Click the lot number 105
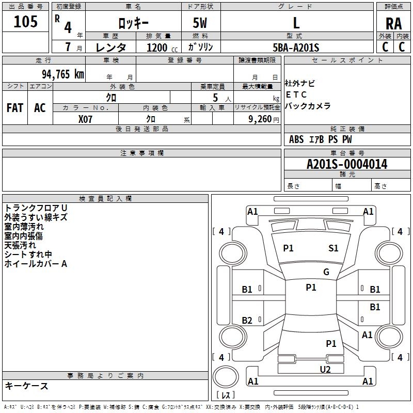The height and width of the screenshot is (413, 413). coord(26,22)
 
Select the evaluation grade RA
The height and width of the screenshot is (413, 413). coord(393,24)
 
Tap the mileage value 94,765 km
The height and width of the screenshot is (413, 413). coord(62,74)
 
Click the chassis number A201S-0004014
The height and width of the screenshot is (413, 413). coord(346,165)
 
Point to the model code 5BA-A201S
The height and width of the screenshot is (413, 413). coord(296,47)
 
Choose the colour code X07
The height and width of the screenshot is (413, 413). coord(86,119)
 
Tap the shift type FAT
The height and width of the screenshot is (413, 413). coord(14,108)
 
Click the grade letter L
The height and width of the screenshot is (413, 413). coord(296,23)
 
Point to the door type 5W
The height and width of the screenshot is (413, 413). coord(200,23)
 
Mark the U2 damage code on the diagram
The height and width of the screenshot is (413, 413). coord(325,369)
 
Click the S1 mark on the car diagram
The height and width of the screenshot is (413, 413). coord(333,248)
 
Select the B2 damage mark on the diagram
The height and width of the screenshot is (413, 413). coord(247,321)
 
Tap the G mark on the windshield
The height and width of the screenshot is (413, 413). coord(326,272)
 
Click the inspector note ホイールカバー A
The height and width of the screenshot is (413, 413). coord(36,264)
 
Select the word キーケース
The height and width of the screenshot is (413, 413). coord(26,386)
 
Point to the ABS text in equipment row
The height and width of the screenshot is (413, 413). coord(296,139)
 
